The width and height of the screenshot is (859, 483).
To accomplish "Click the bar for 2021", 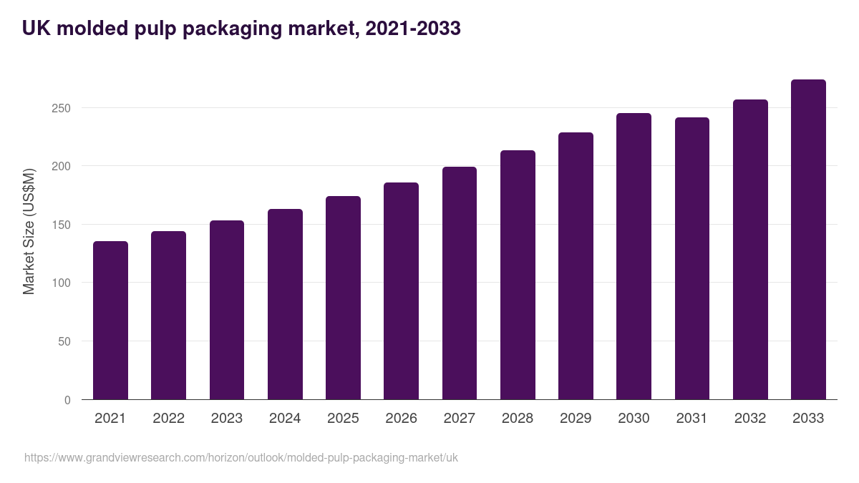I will tap(110, 321).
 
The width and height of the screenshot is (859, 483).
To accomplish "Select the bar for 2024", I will tap(285, 304).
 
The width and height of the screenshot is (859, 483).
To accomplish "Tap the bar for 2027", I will tap(460, 283).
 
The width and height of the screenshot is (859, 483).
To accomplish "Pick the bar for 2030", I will tap(634, 256).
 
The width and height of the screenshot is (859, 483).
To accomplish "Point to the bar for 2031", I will tap(692, 258).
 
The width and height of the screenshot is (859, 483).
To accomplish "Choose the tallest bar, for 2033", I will tap(808, 240).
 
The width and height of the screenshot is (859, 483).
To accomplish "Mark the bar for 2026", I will tap(401, 291).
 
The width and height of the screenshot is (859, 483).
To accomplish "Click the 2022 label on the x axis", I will tap(168, 419).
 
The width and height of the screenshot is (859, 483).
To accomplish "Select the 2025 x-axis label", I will tap(343, 419).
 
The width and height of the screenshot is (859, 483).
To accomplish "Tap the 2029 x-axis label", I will tap(576, 419).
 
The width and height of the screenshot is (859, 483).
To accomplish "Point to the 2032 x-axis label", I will tap(750, 419).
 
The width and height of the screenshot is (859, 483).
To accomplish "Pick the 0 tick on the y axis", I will tap(67, 400).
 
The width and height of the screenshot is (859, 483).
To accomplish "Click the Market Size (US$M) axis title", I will tap(29, 231).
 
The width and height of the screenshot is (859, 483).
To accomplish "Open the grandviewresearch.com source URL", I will tap(241, 457).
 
